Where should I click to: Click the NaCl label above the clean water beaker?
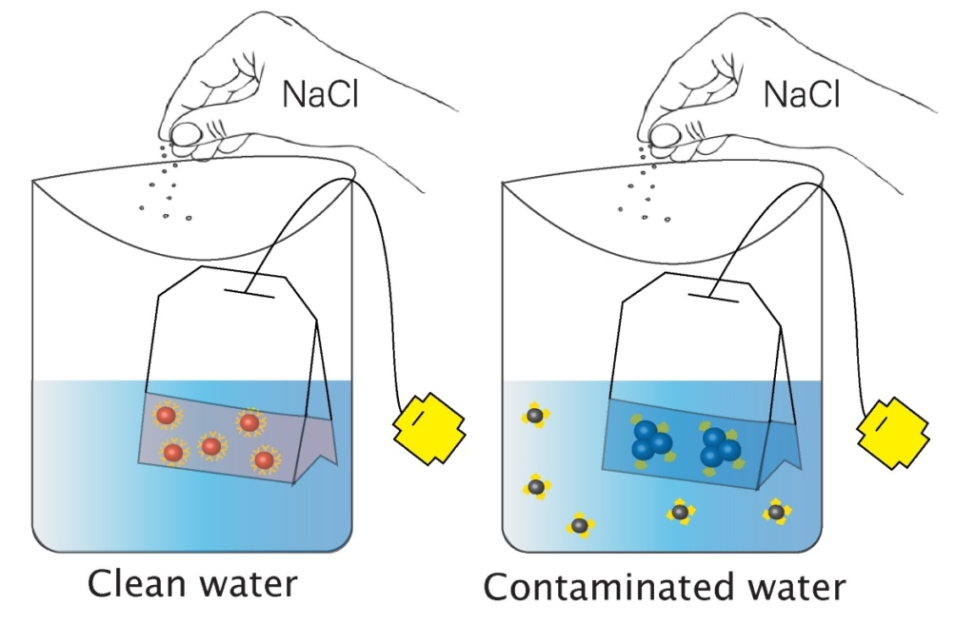(x=321, y=94)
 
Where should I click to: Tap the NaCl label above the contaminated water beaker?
(x=802, y=94)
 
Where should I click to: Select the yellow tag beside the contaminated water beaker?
(x=895, y=429)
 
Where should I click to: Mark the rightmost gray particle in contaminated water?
(x=776, y=512)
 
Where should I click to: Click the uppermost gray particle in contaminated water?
(x=535, y=416)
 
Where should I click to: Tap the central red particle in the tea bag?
(x=211, y=445)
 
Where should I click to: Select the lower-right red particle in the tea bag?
(x=264, y=460)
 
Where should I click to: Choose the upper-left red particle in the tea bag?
(x=166, y=416)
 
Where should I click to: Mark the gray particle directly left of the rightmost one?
(x=680, y=513)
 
